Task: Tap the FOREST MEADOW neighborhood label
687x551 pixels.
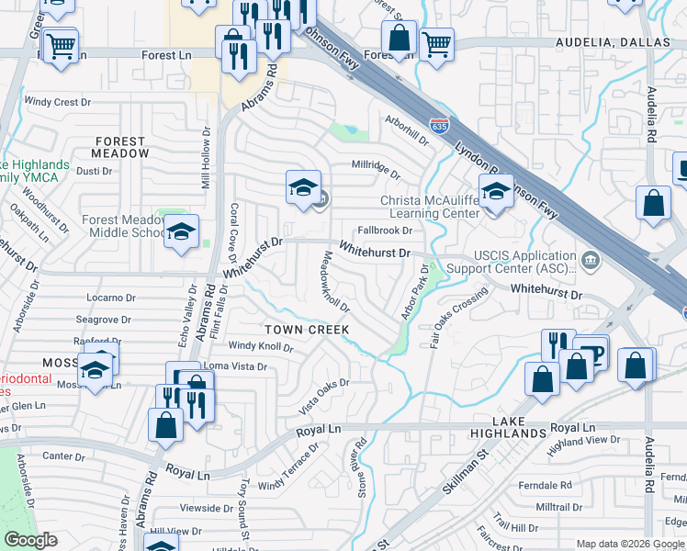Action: click(119, 148)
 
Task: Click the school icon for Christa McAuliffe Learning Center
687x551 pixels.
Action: click(496, 194)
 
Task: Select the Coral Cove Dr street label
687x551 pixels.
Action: click(235, 231)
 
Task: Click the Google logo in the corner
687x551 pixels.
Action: click(30, 540)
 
